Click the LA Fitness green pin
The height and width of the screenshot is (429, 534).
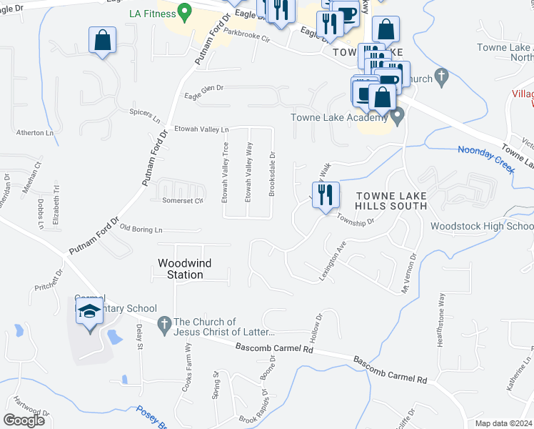click(185, 11)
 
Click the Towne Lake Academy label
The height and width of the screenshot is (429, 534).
click(338, 118)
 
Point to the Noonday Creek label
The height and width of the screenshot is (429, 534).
click(485, 157)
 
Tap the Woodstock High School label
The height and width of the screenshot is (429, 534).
click(482, 227)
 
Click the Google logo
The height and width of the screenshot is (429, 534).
click(24, 420)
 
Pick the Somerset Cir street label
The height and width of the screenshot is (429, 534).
click(183, 200)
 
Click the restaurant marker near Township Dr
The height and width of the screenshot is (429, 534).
click(326, 194)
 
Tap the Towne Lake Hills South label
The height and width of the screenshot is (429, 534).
click(391, 201)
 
